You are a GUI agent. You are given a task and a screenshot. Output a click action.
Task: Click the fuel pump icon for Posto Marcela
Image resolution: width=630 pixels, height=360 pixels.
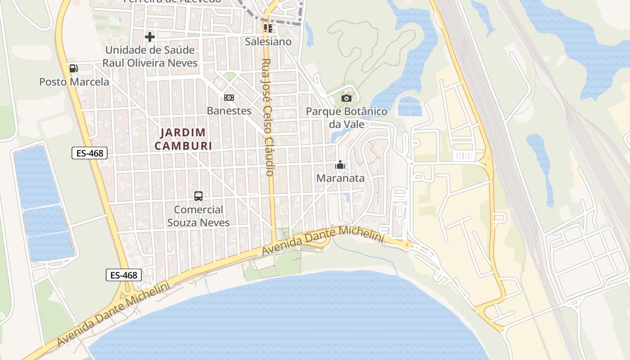click(73, 68)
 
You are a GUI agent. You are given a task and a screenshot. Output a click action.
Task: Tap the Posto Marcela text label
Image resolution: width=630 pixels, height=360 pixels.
click(74, 82)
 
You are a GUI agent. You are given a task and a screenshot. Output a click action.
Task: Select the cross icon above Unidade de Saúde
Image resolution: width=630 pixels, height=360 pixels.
click(150, 36)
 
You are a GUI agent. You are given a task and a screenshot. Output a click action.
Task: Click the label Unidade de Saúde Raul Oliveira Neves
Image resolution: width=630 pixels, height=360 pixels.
click(150, 56)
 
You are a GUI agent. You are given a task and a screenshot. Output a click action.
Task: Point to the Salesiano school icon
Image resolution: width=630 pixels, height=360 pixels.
click(268, 28)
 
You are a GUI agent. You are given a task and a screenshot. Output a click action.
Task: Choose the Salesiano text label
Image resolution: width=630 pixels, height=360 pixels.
click(268, 42)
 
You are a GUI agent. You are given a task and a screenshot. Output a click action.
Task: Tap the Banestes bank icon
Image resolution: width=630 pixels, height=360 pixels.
click(229, 98)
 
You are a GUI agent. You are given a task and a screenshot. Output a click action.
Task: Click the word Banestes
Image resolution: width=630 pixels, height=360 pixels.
click(229, 111)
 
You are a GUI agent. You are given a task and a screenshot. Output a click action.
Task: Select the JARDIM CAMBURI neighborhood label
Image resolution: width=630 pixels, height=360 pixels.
click(183, 139)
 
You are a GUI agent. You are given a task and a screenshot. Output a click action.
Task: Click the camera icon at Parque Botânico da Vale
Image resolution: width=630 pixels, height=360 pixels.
click(346, 98)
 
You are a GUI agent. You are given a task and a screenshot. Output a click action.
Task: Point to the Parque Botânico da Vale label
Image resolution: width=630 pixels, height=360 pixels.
click(346, 117)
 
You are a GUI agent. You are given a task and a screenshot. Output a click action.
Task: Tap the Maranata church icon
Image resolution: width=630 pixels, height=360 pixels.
click(340, 165)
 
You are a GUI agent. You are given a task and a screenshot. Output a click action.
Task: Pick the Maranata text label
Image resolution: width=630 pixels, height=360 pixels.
click(340, 178)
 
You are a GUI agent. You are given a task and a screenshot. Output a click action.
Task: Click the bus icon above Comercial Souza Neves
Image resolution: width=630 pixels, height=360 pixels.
click(198, 196)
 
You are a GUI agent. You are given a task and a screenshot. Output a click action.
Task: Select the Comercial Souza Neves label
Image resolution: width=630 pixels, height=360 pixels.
click(198, 216)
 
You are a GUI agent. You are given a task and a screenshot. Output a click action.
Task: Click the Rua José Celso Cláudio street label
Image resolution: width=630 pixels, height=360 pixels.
click(268, 117)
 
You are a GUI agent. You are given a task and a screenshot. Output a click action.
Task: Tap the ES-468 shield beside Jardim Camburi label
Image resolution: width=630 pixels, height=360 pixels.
click(90, 153)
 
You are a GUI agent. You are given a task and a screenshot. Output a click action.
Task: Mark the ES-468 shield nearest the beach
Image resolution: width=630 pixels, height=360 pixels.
click(124, 275)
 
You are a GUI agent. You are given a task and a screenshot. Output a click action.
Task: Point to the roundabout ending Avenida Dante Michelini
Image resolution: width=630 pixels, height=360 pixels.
click(407, 245)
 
